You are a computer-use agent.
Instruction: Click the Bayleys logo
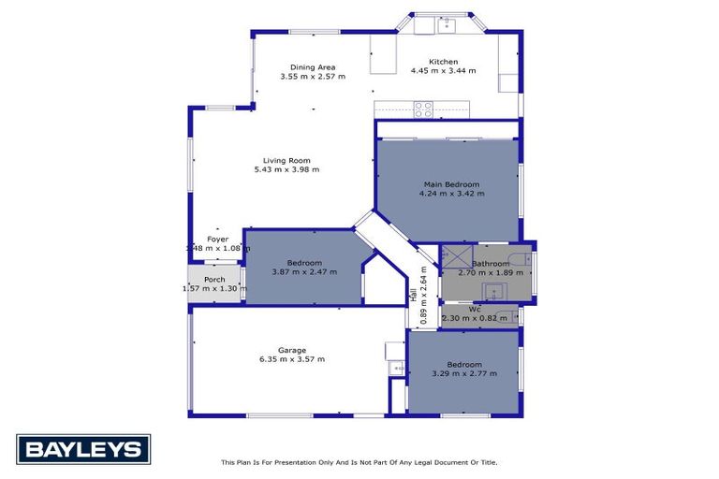[83, 450]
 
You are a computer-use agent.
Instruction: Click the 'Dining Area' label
[313, 67]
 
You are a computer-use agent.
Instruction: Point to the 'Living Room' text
[286, 160]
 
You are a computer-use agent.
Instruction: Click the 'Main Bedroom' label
[452, 184]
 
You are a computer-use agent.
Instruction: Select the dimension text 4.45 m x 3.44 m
[443, 71]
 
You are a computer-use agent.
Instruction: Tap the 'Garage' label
[292, 350]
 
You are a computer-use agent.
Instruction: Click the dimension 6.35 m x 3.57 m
[292, 359]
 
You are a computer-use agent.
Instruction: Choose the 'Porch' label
[214, 279]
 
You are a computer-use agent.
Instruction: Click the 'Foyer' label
[217, 239]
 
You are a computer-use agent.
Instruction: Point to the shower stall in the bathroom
[457, 255]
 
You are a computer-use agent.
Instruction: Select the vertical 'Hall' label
[413, 295]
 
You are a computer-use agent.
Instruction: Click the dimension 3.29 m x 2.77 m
[463, 373]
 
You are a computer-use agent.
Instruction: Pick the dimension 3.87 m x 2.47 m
[304, 271]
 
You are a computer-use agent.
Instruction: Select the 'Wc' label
[475, 309]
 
